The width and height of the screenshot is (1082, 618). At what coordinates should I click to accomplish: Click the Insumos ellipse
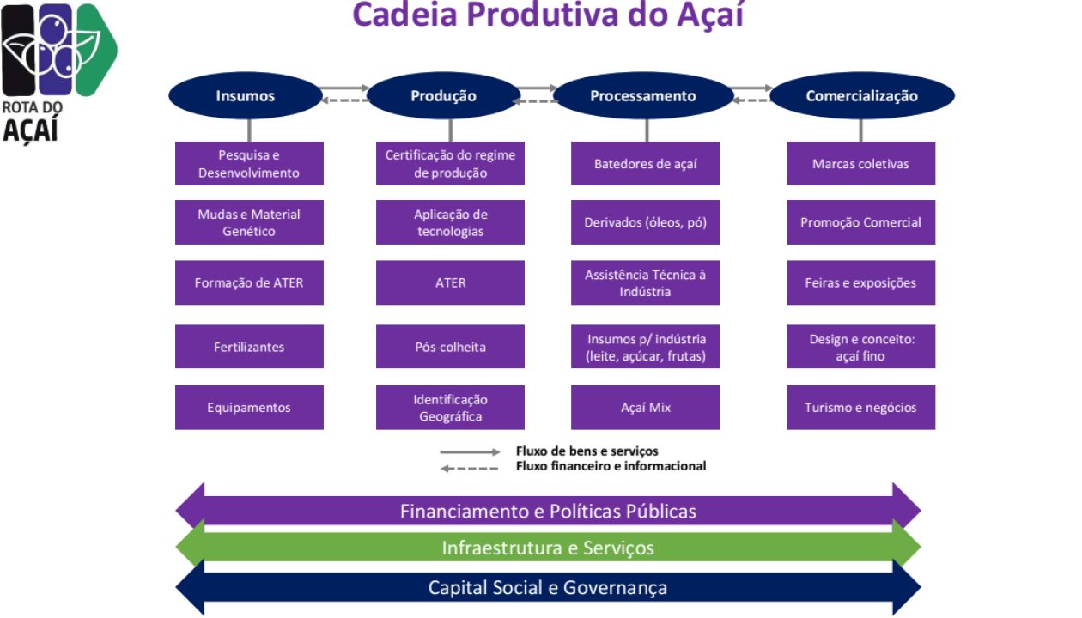tap(246, 95)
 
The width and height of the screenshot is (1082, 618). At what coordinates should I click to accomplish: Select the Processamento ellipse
tap(643, 95)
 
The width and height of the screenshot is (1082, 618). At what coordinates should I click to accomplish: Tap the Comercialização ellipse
tap(862, 95)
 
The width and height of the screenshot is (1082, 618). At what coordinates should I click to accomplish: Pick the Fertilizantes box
tap(249, 347)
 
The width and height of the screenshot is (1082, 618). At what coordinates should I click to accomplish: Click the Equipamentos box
tap(249, 408)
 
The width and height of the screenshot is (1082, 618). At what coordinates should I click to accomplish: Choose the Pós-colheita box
tap(450, 347)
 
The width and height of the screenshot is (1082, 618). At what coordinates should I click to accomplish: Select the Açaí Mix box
tap(646, 408)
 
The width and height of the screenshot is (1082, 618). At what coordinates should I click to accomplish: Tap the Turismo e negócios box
tap(860, 408)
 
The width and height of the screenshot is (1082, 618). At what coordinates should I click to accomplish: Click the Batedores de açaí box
tap(646, 164)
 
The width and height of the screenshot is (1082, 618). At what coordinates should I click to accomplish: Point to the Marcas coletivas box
tap(860, 164)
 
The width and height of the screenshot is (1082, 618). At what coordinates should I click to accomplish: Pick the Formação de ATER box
tap(249, 282)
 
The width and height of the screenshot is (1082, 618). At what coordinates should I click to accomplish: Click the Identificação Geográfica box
tap(450, 408)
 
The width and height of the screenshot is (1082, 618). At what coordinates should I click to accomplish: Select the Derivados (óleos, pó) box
tap(646, 222)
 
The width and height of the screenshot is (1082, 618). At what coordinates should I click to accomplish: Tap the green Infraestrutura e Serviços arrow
tap(548, 548)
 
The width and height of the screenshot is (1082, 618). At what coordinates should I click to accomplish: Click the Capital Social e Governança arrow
tap(548, 588)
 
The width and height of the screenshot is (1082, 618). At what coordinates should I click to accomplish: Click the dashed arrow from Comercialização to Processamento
tap(751, 100)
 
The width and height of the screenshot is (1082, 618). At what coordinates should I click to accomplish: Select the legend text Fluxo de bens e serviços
tap(587, 451)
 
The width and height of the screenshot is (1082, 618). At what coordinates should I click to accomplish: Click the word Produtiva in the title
tap(542, 15)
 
